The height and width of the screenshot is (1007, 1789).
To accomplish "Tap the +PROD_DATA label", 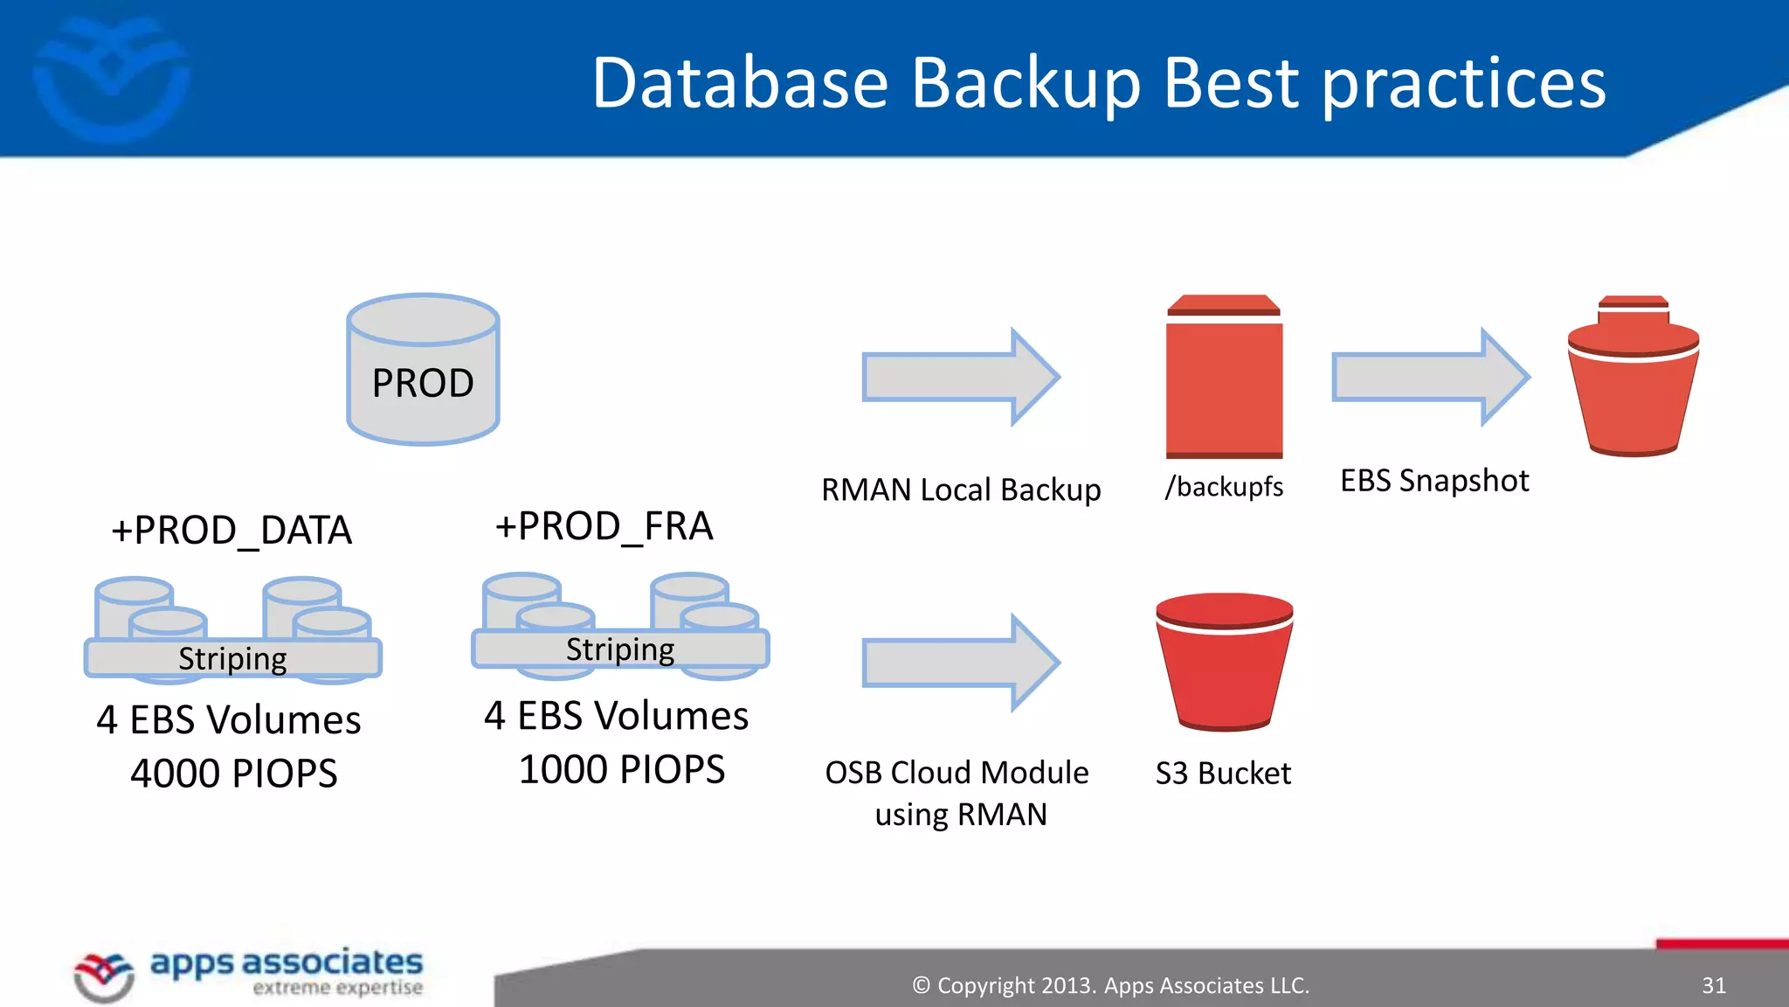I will pos(231,530).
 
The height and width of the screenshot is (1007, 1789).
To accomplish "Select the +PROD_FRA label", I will pos(604,526).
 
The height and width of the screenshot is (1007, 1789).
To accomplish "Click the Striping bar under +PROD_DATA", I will pos(233,658).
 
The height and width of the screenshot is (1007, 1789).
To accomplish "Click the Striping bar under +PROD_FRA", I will pos(620,649).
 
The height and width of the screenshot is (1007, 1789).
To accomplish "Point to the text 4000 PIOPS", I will pos(234,773).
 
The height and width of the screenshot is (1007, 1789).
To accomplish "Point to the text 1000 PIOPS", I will pos(622,769).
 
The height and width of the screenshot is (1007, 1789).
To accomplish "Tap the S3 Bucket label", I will pos(1223,773).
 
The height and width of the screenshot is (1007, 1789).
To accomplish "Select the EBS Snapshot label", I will pos(1434,481).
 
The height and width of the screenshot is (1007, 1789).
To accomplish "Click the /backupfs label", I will pos(1224,486).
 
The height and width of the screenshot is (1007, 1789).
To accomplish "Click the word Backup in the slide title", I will pos(1026,84).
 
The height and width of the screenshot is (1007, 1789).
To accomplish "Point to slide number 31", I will pos(1713,985).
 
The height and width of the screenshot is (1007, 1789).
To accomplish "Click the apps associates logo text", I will pos(287,962).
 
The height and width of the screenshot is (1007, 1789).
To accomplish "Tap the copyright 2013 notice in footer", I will pos(1110,985).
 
